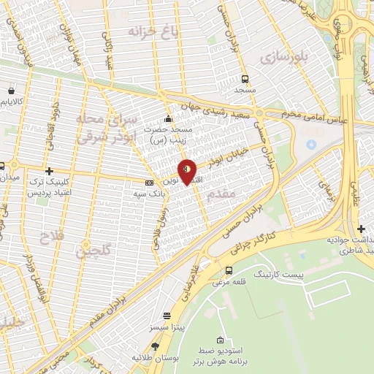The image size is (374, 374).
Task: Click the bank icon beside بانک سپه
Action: coord(150,183)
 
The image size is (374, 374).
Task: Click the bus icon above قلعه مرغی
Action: coord(229,270)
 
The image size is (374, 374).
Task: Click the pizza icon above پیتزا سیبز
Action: coord(167,316)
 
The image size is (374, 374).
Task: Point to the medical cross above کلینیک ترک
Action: coord(49,170)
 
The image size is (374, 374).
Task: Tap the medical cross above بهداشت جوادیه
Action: coord(362,229)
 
